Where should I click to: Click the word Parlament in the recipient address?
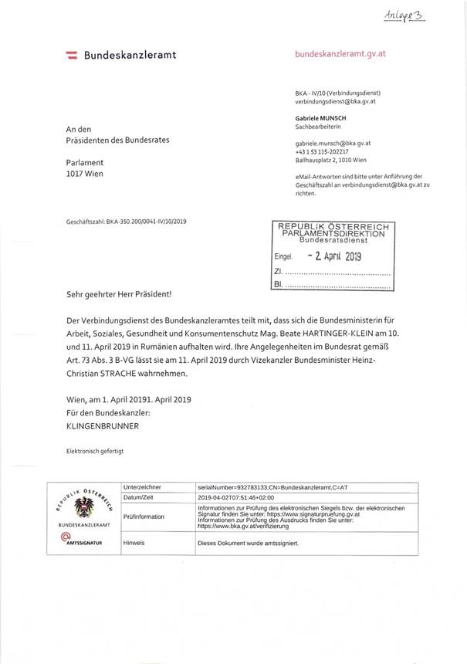85,163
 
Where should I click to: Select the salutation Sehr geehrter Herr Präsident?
119,294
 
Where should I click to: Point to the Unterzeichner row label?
142,488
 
